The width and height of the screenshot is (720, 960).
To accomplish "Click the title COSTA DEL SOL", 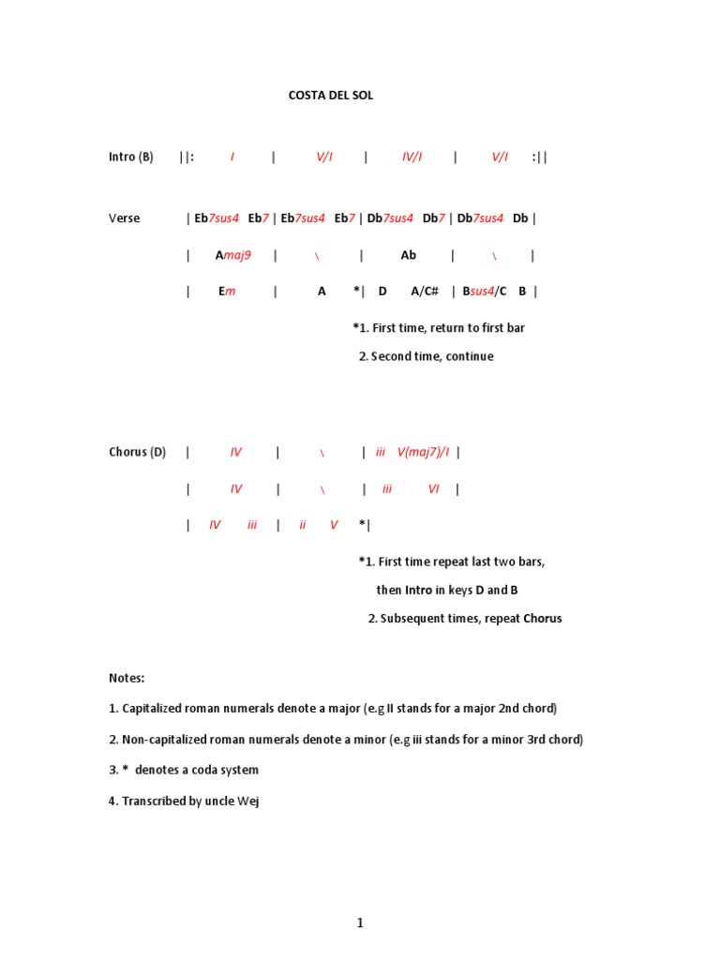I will point(330,96).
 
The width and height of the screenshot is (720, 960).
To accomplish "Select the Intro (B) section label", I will point(130,157).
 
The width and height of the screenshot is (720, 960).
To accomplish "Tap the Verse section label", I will point(124,218).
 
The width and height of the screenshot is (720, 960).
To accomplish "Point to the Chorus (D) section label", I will point(137,452).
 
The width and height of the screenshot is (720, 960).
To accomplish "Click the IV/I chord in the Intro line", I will point(412,157).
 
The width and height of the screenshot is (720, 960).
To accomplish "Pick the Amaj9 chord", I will point(232,255).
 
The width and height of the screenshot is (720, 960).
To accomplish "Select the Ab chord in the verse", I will point(408,255).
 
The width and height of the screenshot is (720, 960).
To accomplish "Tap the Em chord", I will point(227,292).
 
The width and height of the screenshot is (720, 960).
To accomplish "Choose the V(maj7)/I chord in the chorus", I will point(423,452).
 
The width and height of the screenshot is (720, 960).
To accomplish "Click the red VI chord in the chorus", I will point(433,488).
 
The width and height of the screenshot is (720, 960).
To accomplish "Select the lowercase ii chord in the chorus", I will point(303,525).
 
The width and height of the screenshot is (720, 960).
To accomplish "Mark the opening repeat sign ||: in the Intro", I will point(187,157).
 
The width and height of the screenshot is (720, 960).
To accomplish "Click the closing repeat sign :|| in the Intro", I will point(539,157).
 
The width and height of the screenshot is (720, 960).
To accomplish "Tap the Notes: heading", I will point(127,678).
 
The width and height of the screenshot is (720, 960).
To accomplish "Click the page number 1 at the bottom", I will point(360,923).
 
